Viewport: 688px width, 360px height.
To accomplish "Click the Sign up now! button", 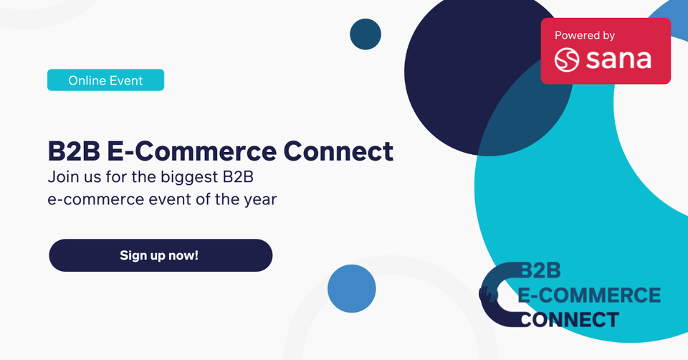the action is tap(161, 255).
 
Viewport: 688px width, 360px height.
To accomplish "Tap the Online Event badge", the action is tap(106, 80).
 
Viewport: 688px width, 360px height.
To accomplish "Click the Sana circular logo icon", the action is tap(567, 60).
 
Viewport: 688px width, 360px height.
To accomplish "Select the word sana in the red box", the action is tap(618, 60).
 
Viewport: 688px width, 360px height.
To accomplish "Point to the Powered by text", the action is tap(585, 35).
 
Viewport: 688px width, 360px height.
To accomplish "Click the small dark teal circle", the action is tap(365, 34).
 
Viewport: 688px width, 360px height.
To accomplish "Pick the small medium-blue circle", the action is tap(351, 288).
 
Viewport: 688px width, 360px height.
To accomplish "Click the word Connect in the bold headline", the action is tap(338, 151).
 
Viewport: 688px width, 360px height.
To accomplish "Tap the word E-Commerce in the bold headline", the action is tap(192, 151).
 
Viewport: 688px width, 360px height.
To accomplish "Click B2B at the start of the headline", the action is tap(74, 151).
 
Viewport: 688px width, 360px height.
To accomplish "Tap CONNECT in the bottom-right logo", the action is tap(570, 320).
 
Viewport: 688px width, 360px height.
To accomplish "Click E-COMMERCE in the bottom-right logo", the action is tap(589, 295).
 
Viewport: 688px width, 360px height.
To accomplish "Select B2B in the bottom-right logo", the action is tap(540, 270).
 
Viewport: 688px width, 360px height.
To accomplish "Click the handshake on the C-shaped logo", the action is tap(488, 294).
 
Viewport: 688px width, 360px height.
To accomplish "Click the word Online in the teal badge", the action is tap(87, 80).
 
